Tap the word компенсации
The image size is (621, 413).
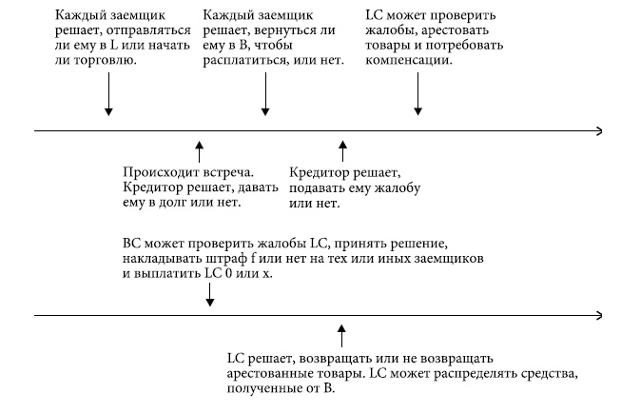click(408, 59)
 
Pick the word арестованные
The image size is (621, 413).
click(272, 374)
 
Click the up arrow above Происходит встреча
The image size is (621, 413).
click(199, 150)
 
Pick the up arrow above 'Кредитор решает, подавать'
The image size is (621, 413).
click(343, 150)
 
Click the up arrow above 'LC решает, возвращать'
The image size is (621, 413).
click(341, 336)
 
